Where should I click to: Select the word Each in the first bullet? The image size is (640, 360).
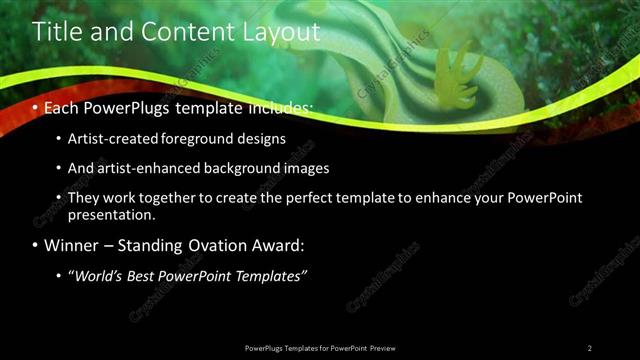click(x=61, y=105)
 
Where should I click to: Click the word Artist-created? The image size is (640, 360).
click(x=109, y=138)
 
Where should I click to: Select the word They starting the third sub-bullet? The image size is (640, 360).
click(x=85, y=198)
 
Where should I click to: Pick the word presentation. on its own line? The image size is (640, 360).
click(x=113, y=214)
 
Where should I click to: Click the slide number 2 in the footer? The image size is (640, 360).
click(x=590, y=347)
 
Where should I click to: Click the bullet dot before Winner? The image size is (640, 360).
click(x=36, y=245)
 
